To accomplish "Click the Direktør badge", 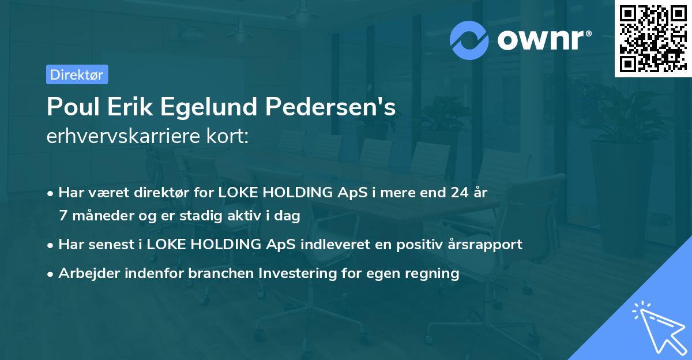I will point(77,74).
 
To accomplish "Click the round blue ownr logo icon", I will point(469,40).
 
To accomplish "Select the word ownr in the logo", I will point(543,39).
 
